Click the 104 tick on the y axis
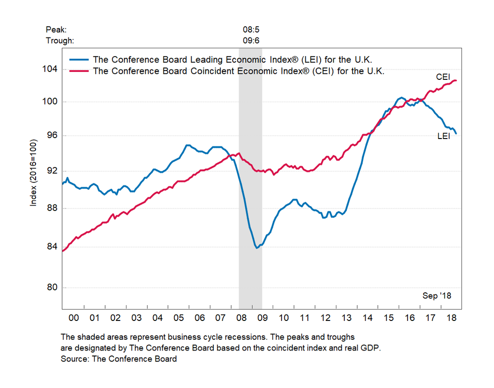click(52, 69)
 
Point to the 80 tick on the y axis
click(52, 288)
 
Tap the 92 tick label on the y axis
click(52, 171)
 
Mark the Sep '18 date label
click(437, 296)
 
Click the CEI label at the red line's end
click(443, 77)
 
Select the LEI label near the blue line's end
click(444, 137)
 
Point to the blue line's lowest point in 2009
click(257, 247)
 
